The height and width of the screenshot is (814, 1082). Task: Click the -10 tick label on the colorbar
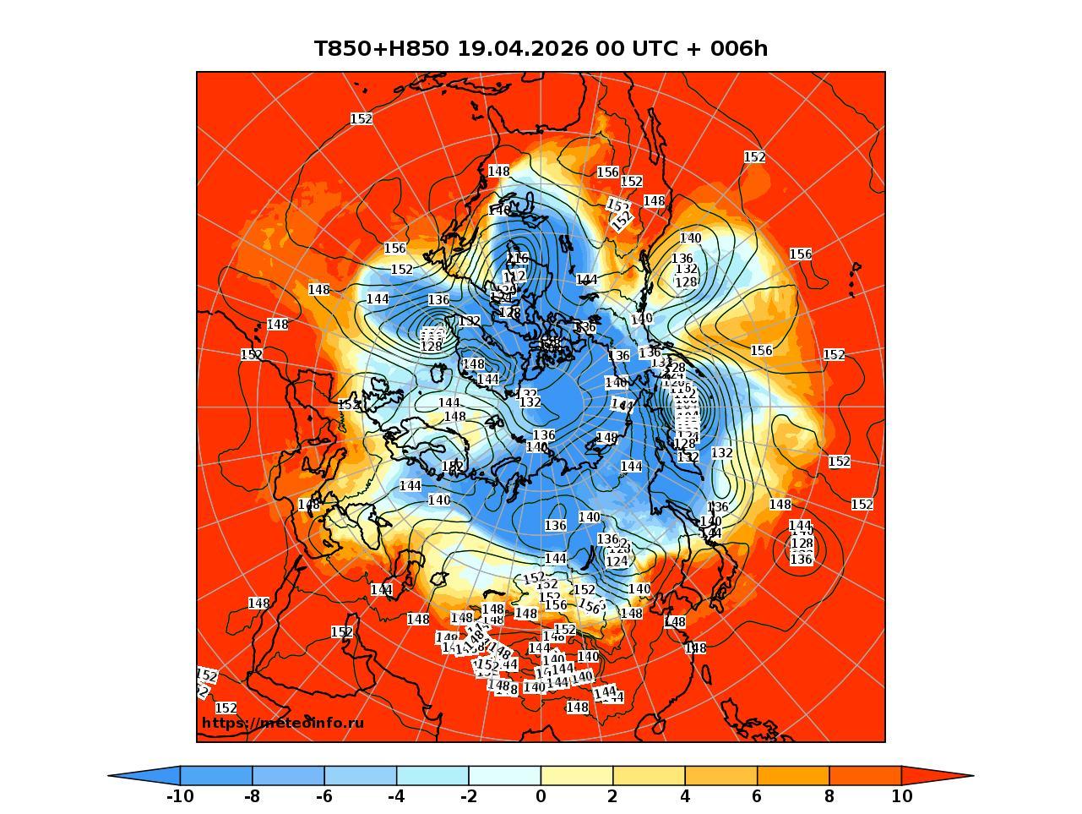point(180,796)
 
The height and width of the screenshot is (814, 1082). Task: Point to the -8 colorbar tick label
point(252,796)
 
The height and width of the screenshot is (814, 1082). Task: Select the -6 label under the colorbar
point(324,796)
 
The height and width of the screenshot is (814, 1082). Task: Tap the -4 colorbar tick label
point(396,796)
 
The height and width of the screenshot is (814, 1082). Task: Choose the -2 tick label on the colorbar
point(468,796)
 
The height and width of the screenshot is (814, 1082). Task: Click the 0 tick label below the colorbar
point(541,796)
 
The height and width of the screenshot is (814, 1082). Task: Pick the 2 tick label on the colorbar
point(612,796)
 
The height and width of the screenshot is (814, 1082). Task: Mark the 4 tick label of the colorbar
point(685,796)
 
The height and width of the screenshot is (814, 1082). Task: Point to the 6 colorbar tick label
point(757,796)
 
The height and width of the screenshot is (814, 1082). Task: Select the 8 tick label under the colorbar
point(829,796)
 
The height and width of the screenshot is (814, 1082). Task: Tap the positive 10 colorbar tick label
point(901,796)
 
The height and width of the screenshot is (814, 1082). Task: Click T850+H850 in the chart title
point(382,49)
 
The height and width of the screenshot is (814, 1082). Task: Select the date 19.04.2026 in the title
point(522,49)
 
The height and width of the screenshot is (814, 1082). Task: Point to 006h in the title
point(739,49)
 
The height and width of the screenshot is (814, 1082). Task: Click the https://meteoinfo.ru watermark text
point(283,724)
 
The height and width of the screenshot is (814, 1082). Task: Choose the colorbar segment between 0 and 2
point(577,775)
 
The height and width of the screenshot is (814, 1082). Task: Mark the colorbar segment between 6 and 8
point(793,775)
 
